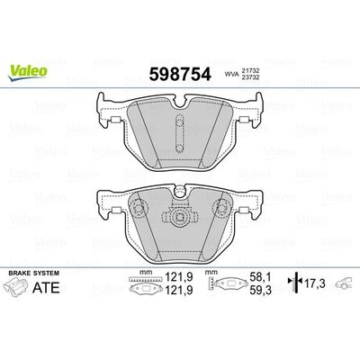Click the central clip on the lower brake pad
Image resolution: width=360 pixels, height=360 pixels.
180,217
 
